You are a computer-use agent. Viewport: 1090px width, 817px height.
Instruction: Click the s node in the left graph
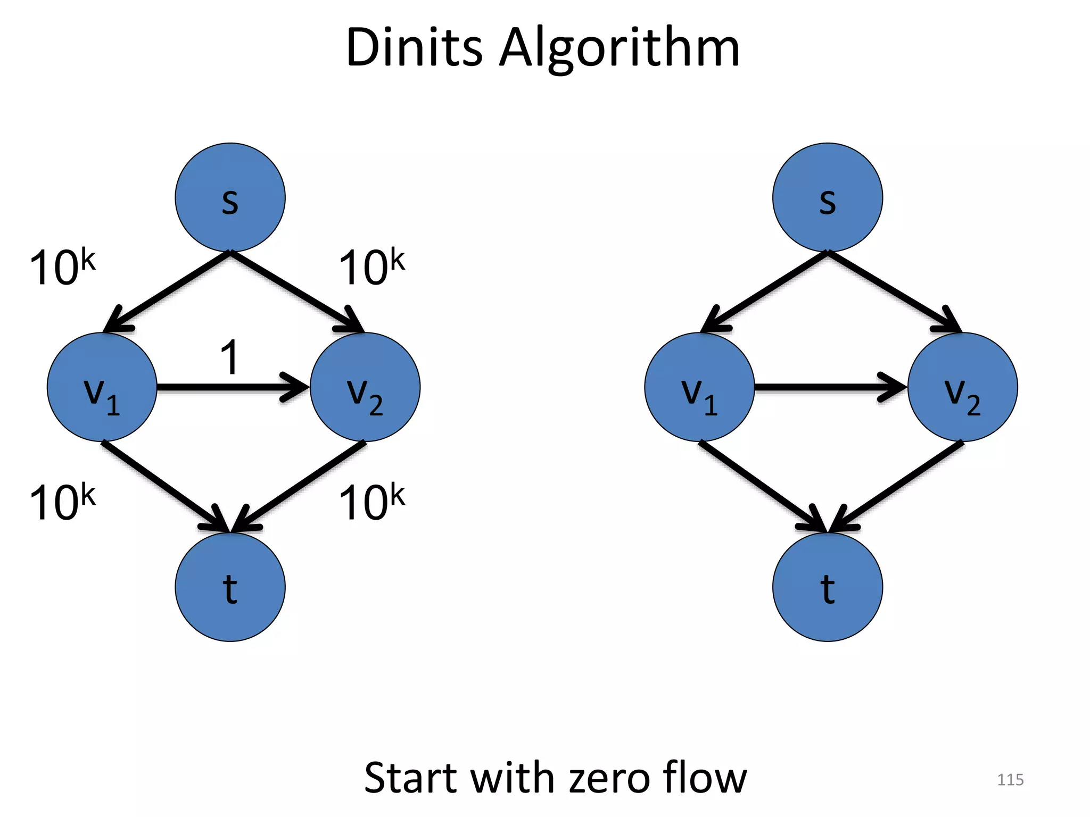click(x=230, y=197)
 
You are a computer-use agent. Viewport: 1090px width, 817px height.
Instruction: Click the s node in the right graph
click(x=827, y=197)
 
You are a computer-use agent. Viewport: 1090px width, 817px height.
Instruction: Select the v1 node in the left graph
click(x=102, y=387)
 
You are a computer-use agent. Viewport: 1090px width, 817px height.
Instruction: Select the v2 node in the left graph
click(x=365, y=387)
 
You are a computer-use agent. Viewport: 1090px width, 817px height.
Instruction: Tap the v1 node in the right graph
click(x=699, y=387)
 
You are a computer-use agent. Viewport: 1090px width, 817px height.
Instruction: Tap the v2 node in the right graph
click(x=962, y=387)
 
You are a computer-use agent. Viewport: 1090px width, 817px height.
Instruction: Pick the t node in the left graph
click(x=230, y=587)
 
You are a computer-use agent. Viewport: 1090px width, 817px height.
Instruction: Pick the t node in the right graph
click(x=827, y=587)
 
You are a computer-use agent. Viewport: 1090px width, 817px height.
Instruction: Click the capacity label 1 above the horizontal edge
click(x=230, y=357)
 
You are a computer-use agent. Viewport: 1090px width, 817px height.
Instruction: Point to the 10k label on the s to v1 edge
click(x=62, y=268)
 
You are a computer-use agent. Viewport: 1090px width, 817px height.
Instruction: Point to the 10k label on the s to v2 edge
click(x=371, y=268)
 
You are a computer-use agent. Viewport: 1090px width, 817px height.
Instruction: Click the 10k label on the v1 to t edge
click(x=62, y=502)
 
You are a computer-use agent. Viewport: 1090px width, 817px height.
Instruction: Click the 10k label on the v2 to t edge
click(x=371, y=502)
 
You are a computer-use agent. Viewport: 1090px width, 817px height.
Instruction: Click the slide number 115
click(x=1010, y=780)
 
